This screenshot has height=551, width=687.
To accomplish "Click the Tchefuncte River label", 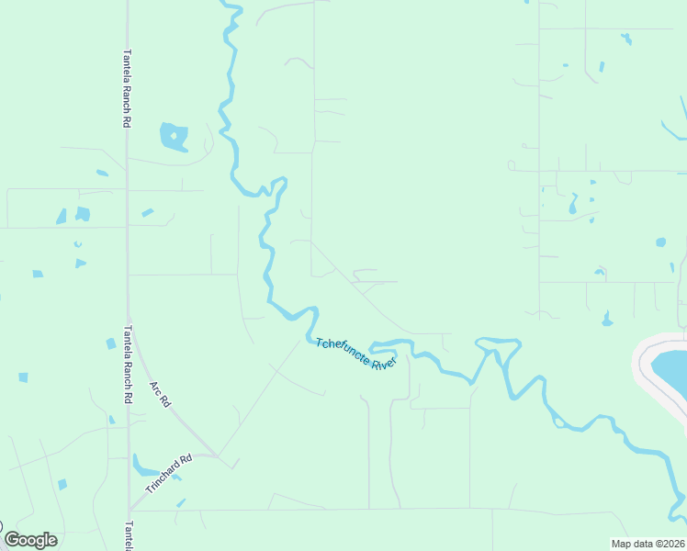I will pyautogui.click(x=355, y=354).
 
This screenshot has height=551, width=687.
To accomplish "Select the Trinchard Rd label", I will pyautogui.click(x=167, y=471).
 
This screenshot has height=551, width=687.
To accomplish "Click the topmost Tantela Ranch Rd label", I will pyautogui.click(x=127, y=87).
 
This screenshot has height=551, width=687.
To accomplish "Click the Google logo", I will pyautogui.click(x=30, y=540).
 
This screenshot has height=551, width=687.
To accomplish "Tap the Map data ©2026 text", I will pyautogui.click(x=648, y=544).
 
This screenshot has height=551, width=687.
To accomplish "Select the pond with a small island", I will pyautogui.click(x=174, y=137).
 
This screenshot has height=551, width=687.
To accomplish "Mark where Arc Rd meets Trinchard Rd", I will pyautogui.click(x=217, y=455).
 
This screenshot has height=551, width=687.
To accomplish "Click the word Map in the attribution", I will pyautogui.click(x=621, y=544).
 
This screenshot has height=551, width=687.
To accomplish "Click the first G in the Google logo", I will pyautogui.click(x=12, y=540).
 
